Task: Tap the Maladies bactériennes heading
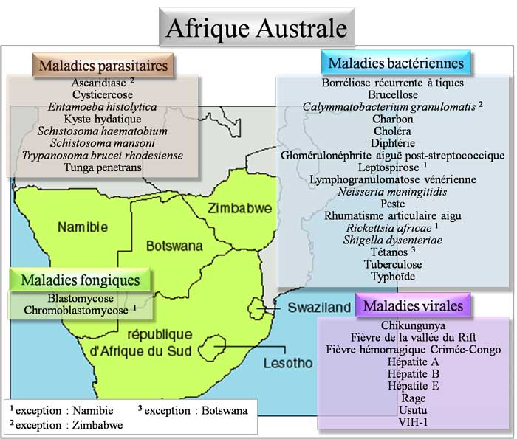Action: pyautogui.click(x=397, y=63)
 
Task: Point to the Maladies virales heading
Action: pyautogui.click(x=414, y=305)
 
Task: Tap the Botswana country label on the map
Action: pyautogui.click(x=174, y=245)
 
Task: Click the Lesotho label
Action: pyautogui.click(x=288, y=362)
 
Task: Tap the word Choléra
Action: pyautogui.click(x=392, y=131)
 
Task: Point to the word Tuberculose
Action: pyautogui.click(x=392, y=264)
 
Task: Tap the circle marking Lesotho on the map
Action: pyautogui.click(x=216, y=345)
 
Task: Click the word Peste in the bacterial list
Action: pyautogui.click(x=392, y=203)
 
